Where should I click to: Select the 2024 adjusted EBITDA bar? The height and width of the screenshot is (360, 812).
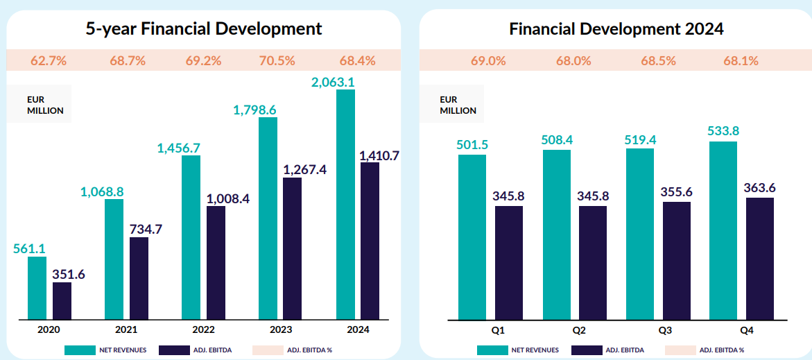pos(370,241)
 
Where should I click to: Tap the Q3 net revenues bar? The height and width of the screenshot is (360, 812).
pos(639,234)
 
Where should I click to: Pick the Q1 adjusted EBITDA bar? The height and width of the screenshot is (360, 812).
pos(508,263)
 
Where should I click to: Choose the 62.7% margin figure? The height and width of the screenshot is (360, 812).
pos(49,60)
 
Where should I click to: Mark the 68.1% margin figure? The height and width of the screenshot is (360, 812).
pos(741,60)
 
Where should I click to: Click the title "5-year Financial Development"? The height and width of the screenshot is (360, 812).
pos(204,28)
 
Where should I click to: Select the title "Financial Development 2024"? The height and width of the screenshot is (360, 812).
pos(616,28)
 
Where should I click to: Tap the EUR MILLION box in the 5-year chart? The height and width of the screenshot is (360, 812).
pos(40,104)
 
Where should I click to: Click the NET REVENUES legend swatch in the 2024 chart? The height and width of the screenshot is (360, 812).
pos(492,350)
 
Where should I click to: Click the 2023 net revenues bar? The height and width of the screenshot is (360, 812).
pos(268,218)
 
